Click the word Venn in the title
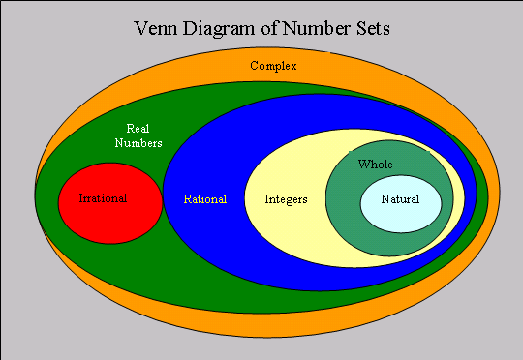(x=157, y=29)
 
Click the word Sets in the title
(x=373, y=29)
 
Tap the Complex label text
(x=273, y=66)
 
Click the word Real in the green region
(x=138, y=129)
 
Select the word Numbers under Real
(x=138, y=143)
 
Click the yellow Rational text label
(x=204, y=199)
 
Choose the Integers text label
(x=286, y=199)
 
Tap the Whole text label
(x=376, y=165)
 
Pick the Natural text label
(x=400, y=199)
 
